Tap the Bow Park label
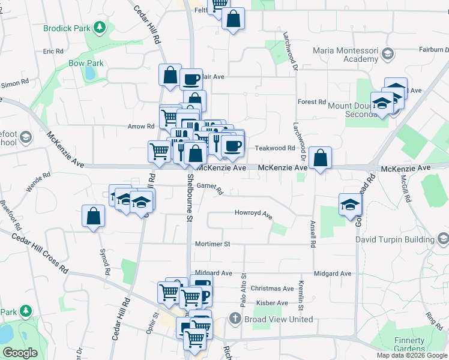point(86,63)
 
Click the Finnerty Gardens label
point(409,344)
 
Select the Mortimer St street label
point(212,244)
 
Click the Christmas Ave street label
point(272,289)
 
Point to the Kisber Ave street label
point(272,303)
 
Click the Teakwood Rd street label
point(275,148)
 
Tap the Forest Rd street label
point(312,102)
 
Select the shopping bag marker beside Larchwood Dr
point(321,158)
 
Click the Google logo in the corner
point(20,353)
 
